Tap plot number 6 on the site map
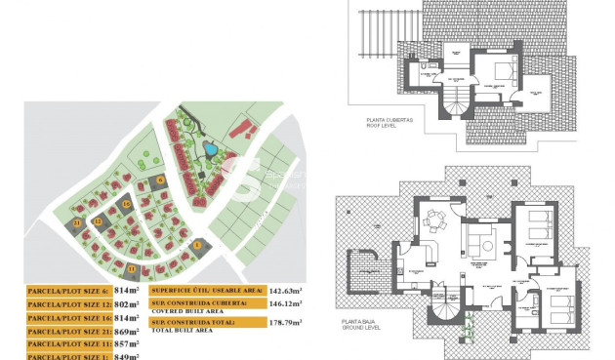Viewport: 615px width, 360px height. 160,180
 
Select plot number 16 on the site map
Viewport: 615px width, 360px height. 127,204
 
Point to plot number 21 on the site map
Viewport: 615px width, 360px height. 77,222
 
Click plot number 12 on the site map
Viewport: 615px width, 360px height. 98,222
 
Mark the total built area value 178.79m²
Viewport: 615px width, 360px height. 286,321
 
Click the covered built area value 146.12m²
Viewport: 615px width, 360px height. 286,304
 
